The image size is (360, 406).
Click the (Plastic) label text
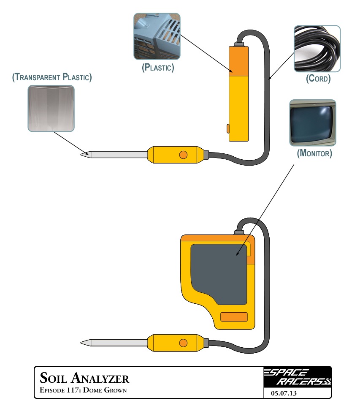158,67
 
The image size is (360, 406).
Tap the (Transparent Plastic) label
52,77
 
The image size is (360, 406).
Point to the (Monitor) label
314,153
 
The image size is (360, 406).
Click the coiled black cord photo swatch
317,49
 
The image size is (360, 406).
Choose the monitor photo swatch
313,123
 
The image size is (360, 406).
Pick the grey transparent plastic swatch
51,108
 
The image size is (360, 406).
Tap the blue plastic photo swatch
157,36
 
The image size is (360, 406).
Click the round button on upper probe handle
183,155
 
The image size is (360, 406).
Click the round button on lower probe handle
183,343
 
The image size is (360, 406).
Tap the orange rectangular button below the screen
234,317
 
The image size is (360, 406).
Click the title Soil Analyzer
84,377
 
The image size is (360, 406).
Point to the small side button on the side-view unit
228,128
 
